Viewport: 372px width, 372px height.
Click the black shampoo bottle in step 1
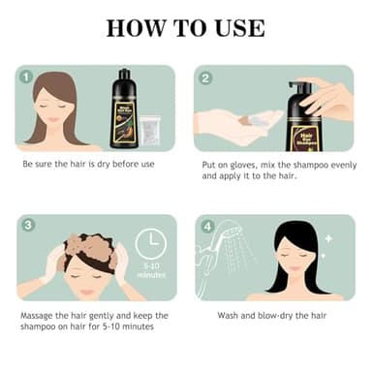click(x=124, y=108)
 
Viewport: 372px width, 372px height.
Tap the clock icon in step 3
click(x=150, y=243)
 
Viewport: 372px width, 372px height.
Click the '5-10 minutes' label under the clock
click(x=151, y=272)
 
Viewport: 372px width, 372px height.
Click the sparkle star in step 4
click(x=328, y=237)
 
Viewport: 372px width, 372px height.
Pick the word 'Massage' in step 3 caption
click(x=39, y=316)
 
